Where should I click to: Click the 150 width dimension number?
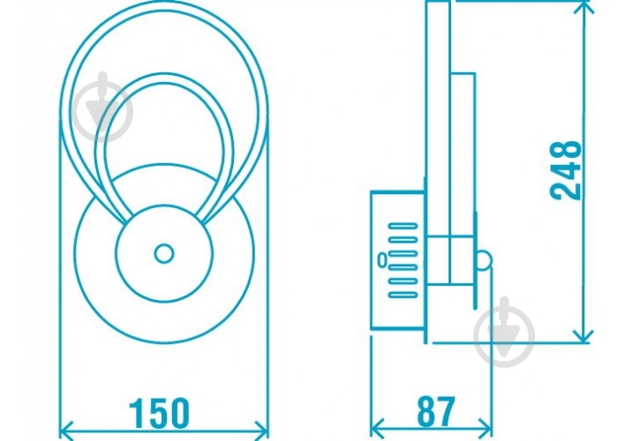(160, 413)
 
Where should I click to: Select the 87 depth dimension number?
(436, 412)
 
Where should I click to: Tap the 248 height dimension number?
(566, 170)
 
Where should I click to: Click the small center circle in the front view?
(164, 253)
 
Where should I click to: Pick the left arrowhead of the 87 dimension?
(378, 428)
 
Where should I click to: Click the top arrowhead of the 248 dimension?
(584, 7)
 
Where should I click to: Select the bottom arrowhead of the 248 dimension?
(584, 336)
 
